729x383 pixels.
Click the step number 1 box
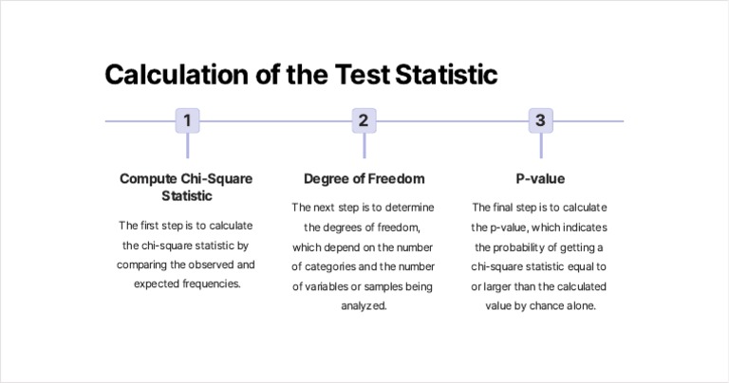(188, 120)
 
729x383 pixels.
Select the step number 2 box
(364, 120)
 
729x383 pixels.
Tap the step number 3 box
(540, 120)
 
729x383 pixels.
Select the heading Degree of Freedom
(364, 178)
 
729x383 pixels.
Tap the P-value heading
(540, 178)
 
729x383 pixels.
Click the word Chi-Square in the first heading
(217, 178)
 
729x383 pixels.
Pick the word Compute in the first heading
(149, 178)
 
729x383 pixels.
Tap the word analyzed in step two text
(364, 306)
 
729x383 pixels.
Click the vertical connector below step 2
(364, 145)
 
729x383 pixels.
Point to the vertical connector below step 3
(540, 145)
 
